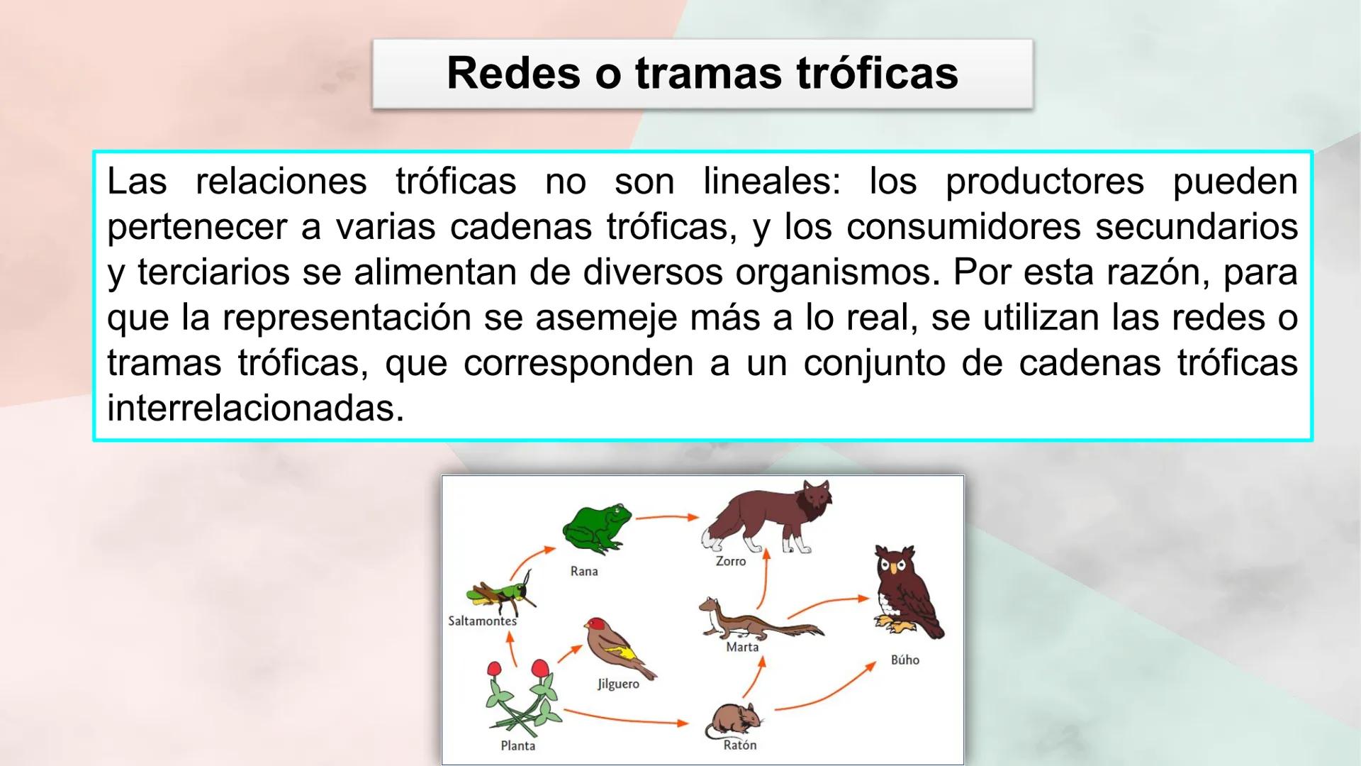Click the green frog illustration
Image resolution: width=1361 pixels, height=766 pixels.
(596, 528)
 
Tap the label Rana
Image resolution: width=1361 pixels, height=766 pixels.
(584, 571)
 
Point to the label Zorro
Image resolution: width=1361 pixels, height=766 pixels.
(731, 561)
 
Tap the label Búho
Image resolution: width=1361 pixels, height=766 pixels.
(905, 660)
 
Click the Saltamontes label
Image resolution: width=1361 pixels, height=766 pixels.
(483, 621)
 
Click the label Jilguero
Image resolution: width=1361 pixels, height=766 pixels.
(618, 684)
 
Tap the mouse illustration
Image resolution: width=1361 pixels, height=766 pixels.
(734, 719)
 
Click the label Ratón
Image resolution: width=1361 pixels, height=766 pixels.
(740, 745)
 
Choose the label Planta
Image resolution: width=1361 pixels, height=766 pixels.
(518, 745)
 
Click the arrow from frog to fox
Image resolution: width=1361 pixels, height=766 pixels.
(666, 518)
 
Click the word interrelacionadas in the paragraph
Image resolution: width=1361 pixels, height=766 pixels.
(255, 409)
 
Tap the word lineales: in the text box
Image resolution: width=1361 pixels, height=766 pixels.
(771, 182)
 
